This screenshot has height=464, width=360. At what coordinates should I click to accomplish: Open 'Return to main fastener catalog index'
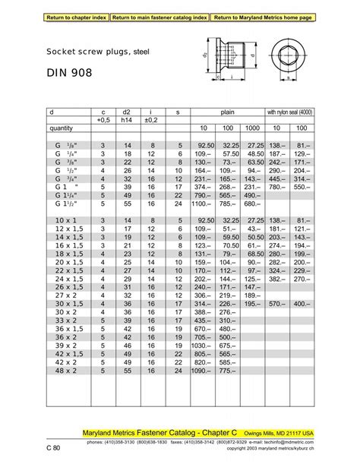pyautogui.click(x=159, y=16)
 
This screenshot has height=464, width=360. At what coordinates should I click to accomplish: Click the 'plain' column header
pyautogui.click(x=227, y=112)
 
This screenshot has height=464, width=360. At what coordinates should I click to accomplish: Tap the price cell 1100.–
pyautogui.click(x=203, y=204)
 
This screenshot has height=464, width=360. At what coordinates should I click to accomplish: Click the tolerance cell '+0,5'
pyautogui.click(x=104, y=119)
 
